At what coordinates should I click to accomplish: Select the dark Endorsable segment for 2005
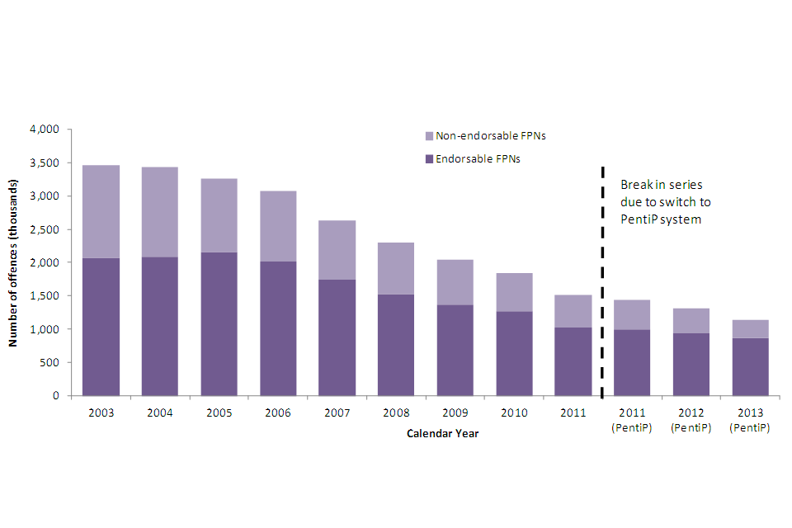pyautogui.click(x=219, y=323)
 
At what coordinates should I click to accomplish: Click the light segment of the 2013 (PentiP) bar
pyautogui.click(x=749, y=328)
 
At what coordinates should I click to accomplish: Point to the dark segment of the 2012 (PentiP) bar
pyautogui.click(x=691, y=364)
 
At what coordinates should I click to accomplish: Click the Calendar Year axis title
pyautogui.click(x=442, y=434)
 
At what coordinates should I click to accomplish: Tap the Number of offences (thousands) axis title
pyautogui.click(x=15, y=262)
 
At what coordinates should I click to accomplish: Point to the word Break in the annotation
pyautogui.click(x=637, y=185)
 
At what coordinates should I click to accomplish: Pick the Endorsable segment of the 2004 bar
pyautogui.click(x=159, y=326)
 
